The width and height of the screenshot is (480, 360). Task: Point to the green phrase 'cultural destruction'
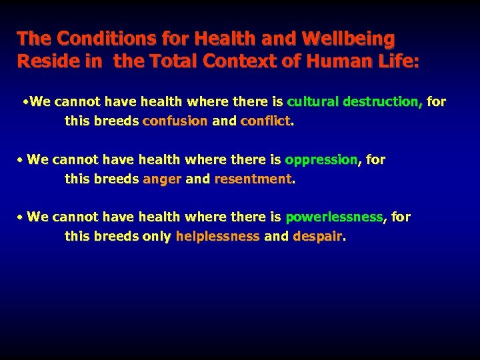click(x=353, y=102)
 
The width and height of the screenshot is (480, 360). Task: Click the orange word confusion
click(x=175, y=122)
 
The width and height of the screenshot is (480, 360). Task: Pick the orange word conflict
click(x=265, y=122)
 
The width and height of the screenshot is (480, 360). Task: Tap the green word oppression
click(x=321, y=160)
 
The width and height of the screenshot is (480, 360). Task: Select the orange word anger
click(x=162, y=179)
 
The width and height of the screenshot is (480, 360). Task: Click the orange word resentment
click(x=253, y=179)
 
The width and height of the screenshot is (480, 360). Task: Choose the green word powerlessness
click(x=334, y=217)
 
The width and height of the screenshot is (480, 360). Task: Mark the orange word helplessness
click(x=217, y=237)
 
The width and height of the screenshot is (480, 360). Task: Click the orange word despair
click(x=317, y=237)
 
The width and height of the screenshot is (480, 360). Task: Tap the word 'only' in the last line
click(x=157, y=237)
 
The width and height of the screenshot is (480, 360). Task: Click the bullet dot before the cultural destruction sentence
click(x=25, y=103)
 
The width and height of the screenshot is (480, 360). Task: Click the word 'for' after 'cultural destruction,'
click(x=437, y=102)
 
